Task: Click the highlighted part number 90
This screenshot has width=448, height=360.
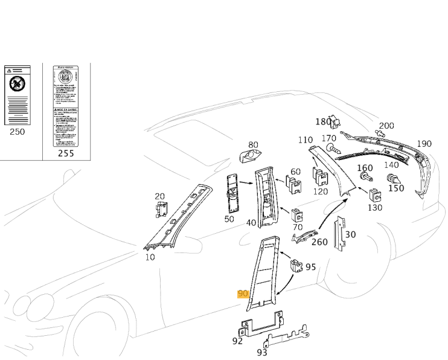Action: [x=243, y=294]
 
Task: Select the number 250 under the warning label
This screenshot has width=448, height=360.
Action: [x=18, y=131]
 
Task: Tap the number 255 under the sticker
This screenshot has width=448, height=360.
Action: [x=66, y=153]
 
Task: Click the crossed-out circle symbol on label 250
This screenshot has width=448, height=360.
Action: [x=18, y=84]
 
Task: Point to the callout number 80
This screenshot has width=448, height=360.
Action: [x=253, y=145]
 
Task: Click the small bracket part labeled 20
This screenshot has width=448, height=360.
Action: [x=161, y=210]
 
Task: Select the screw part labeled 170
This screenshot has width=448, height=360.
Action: [x=331, y=147]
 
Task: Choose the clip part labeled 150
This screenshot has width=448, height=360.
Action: [x=392, y=178]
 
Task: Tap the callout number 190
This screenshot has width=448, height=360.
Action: [x=424, y=144]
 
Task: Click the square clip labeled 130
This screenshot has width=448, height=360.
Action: [x=375, y=196]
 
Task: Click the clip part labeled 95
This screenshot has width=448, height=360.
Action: [x=296, y=265]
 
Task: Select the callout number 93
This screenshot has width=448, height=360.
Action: [x=262, y=352]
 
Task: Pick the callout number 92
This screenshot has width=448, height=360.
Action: [x=237, y=341]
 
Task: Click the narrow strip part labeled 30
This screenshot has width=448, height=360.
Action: [x=341, y=233]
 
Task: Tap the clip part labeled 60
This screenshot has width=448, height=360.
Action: [x=295, y=184]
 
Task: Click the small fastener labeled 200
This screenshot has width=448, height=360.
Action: [x=380, y=132]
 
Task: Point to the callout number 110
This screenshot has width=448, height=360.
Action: [x=306, y=140]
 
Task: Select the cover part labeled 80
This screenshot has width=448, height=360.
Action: [x=248, y=156]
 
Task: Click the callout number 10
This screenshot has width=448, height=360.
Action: [x=150, y=257]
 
